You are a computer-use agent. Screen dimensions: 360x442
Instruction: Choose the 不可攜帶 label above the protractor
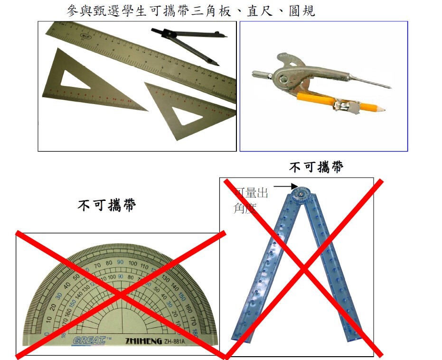click(107, 206)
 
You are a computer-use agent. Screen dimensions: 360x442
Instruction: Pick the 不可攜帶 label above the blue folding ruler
click(317, 167)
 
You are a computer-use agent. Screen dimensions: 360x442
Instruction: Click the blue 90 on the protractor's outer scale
click(120, 263)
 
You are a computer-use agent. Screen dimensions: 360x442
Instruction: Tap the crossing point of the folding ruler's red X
click(303, 269)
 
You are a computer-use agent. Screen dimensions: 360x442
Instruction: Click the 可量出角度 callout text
click(251, 200)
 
